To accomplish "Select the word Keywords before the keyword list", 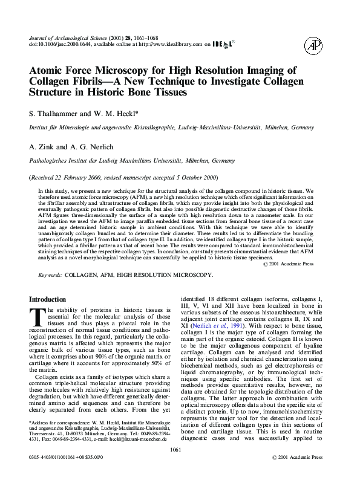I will point(49,275).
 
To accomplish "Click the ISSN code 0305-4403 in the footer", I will point(42,474).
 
